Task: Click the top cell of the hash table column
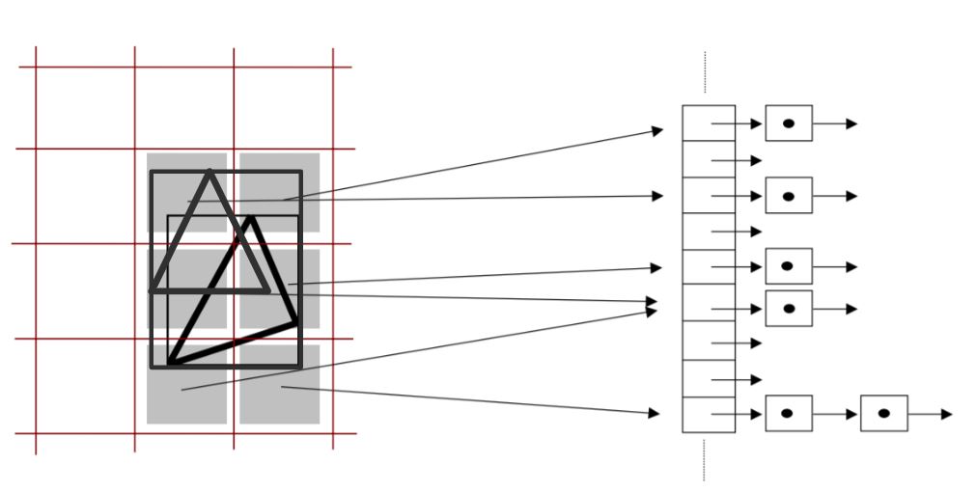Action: pyautogui.click(x=708, y=123)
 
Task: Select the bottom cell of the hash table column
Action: pyautogui.click(x=708, y=414)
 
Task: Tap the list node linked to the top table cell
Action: pyautogui.click(x=789, y=123)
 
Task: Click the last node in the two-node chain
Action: pyautogui.click(x=883, y=414)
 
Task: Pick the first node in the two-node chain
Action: pyautogui.click(x=789, y=414)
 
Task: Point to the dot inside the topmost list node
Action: pyautogui.click(x=789, y=123)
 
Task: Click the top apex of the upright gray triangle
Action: pyautogui.click(x=209, y=172)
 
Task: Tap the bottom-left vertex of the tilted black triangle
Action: pyautogui.click(x=170, y=365)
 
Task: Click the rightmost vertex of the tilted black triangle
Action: pyautogui.click(x=295, y=322)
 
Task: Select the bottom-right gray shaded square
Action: pyautogui.click(x=279, y=386)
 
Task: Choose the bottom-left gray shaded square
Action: pyautogui.click(x=186, y=386)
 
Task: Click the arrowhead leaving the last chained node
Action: pyautogui.click(x=946, y=414)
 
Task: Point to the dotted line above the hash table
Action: pyautogui.click(x=705, y=77)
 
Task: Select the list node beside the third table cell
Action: pyautogui.click(x=789, y=196)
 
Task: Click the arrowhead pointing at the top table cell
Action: pyautogui.click(x=658, y=130)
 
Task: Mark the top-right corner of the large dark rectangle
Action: pyautogui.click(x=301, y=173)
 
